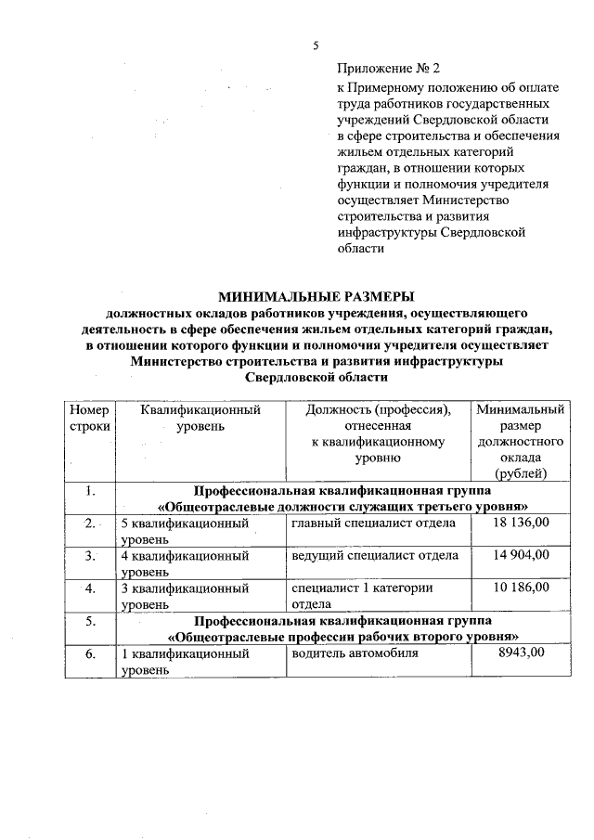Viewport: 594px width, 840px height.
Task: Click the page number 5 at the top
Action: click(316, 45)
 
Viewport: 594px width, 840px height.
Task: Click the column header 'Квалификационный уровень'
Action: click(200, 418)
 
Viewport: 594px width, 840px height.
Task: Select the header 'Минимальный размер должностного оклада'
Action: click(520, 441)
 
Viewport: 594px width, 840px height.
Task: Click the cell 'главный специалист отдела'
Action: click(373, 523)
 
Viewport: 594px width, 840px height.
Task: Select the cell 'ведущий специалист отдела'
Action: click(374, 555)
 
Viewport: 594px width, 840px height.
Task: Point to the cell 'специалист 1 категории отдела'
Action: click(361, 595)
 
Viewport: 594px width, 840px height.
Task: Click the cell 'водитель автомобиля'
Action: click(355, 653)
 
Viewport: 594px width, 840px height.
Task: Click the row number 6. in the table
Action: click(89, 653)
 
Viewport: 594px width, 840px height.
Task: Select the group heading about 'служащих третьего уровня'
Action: click(343, 498)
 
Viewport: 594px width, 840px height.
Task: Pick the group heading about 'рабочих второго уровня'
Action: click(343, 627)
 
